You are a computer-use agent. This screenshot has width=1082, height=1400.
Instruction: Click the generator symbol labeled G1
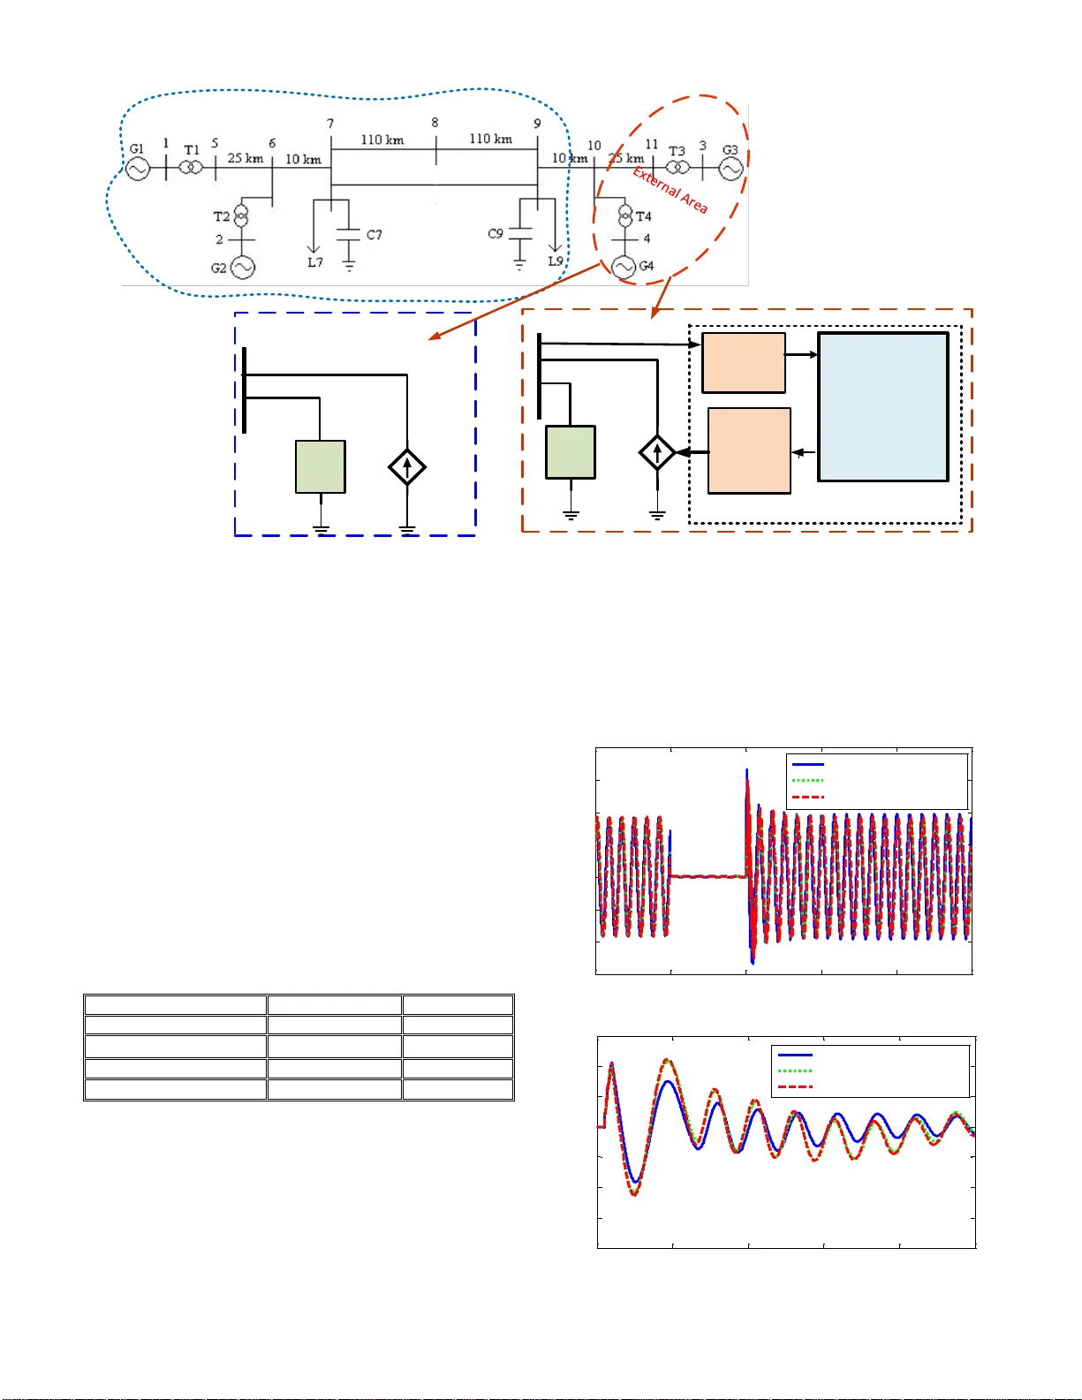[137, 168]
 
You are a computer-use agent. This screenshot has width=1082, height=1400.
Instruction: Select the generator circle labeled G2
[243, 268]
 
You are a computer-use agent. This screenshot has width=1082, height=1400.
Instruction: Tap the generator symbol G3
[730, 168]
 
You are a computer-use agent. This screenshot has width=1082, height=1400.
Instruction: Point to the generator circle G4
[624, 267]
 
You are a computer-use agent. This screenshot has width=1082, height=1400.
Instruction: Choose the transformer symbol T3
[677, 168]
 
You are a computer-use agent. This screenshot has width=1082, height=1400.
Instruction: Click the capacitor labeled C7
[349, 235]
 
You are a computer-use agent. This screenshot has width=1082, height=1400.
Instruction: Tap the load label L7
[315, 262]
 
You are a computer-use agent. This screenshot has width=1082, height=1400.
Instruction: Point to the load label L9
[555, 261]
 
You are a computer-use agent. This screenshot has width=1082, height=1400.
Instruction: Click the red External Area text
[670, 190]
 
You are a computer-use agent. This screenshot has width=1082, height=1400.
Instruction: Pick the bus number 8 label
[435, 123]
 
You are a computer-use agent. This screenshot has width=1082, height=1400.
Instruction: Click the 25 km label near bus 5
[245, 158]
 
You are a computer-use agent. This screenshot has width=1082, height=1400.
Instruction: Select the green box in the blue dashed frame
[320, 466]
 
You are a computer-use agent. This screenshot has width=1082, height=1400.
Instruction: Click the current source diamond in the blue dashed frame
[407, 466]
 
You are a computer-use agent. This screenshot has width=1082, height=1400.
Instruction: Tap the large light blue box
[882, 406]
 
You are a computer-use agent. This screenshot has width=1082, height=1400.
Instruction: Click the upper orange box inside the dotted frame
[743, 362]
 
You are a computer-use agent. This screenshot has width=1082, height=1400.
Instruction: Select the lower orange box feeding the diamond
[749, 450]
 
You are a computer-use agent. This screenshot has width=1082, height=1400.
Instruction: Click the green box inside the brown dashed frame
[571, 451]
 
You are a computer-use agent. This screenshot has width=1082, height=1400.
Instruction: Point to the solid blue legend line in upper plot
[807, 764]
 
